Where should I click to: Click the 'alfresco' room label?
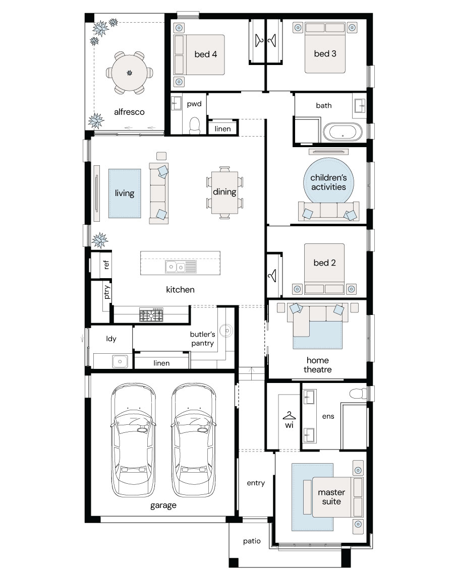[x=129, y=112]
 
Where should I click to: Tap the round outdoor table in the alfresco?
[x=129, y=73]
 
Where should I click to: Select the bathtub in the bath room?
[x=343, y=132]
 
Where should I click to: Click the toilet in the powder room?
[x=194, y=125]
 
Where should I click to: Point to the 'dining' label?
[x=224, y=191]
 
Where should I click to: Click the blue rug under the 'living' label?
[x=125, y=194]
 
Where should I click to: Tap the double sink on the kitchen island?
[x=181, y=267]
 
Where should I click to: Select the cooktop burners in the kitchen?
[x=151, y=314]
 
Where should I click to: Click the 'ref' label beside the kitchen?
[x=106, y=264]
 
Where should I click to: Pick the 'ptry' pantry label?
[x=106, y=292]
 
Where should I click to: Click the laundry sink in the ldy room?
[x=120, y=361]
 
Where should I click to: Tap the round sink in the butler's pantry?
[x=226, y=331]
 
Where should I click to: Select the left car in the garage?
[x=133, y=440]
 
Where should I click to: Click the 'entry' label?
[x=256, y=483]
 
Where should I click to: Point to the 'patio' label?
[x=252, y=541]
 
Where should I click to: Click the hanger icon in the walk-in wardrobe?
[x=289, y=416]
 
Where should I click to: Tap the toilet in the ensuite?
[x=358, y=394]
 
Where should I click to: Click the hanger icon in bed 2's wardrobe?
[x=273, y=275]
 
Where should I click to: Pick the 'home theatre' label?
[x=318, y=365]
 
